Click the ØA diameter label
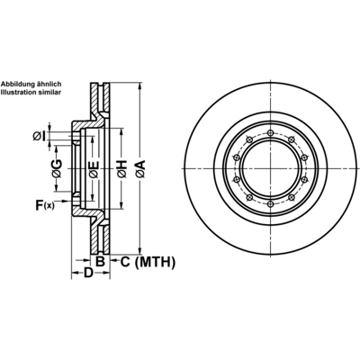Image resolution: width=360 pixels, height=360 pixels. coord(140,169)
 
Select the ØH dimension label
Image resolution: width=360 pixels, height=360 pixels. coord(122,169)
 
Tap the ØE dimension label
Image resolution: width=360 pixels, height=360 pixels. coord(94,169)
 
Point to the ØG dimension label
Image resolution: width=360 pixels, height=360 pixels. coord(57,168)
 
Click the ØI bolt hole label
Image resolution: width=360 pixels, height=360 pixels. coord(40,137)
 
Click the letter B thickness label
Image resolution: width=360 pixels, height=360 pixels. coord(100,262)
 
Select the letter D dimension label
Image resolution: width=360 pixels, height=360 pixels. coord(88,273)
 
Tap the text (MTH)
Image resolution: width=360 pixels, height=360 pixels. coord(155,262)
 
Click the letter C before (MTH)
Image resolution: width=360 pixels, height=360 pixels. coord(125,262)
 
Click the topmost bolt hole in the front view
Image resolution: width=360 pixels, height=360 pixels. coord(271,133)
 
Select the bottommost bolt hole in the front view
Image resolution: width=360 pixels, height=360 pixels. coord(271,204)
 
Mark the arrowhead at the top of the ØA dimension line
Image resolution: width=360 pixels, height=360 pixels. coord(139,86)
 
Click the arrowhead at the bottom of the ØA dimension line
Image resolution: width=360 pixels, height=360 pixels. coord(139,250)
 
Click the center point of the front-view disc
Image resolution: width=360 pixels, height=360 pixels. coord(271,169)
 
